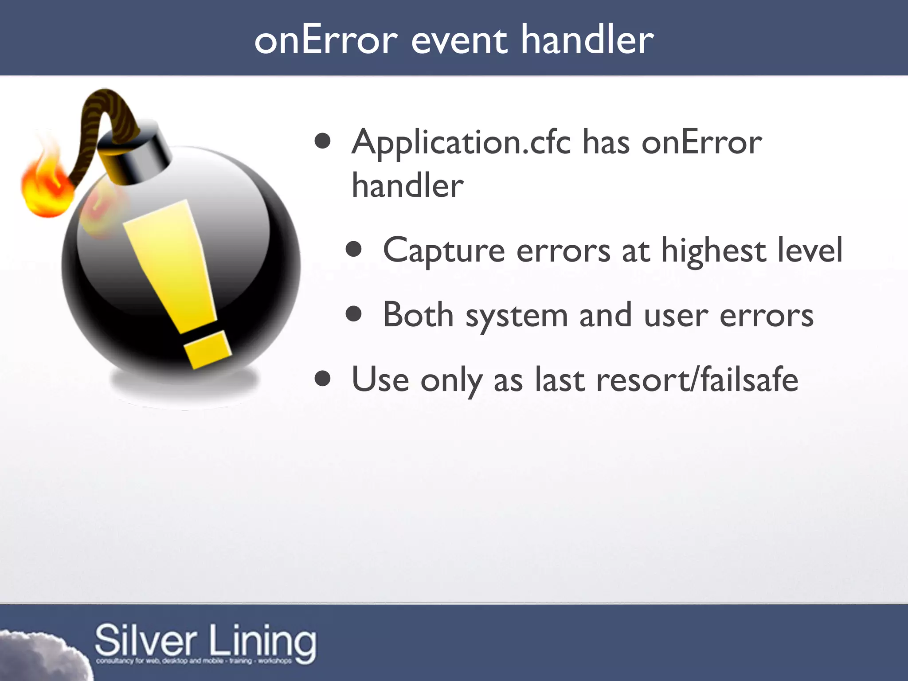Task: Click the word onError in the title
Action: coord(326,40)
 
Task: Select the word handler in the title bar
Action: coord(587,40)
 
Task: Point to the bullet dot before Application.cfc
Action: coord(323,141)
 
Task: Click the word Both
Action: coord(418,315)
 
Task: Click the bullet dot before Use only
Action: coord(323,379)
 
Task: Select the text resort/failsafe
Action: coord(697,380)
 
